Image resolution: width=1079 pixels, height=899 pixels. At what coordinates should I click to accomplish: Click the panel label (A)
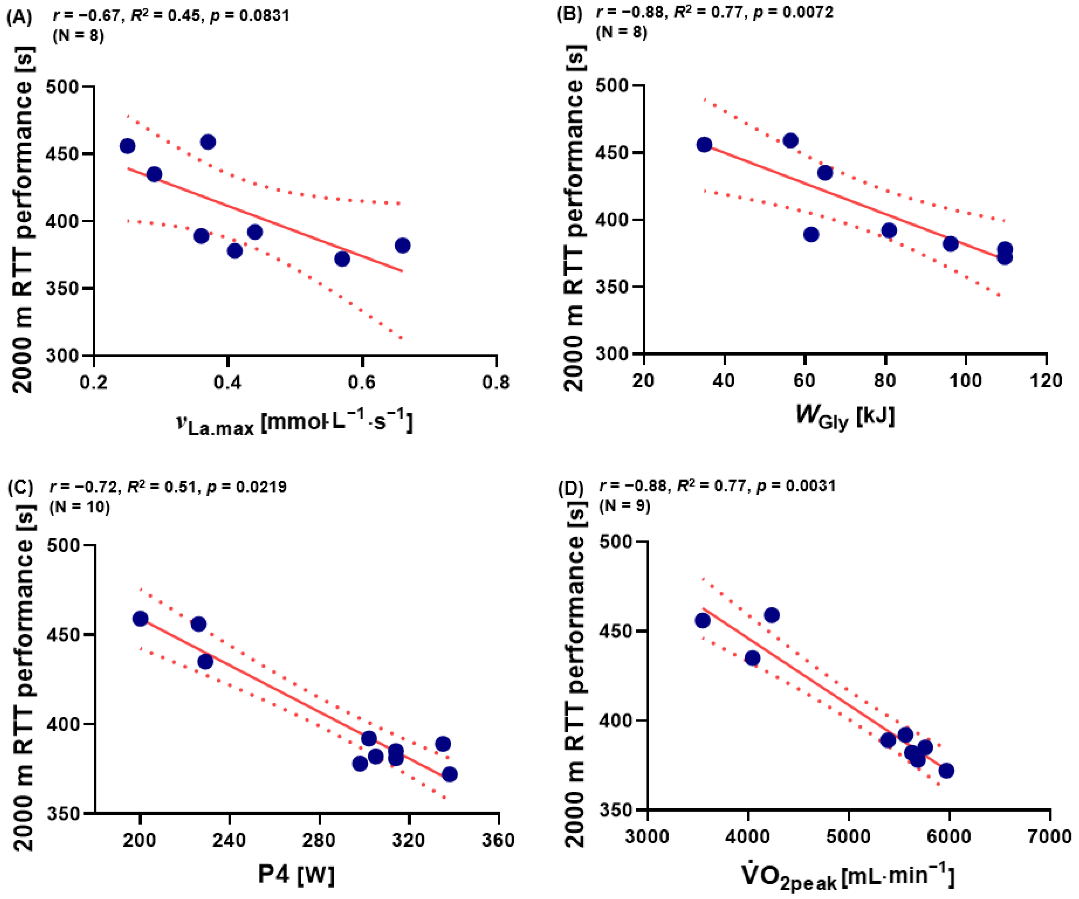[x=19, y=18]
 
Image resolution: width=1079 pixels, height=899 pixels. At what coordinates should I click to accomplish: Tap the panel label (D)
[x=571, y=490]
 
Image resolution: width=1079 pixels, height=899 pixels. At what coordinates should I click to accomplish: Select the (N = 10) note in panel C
[x=80, y=507]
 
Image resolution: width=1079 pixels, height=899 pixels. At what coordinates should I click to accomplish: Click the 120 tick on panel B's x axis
[x=1047, y=381]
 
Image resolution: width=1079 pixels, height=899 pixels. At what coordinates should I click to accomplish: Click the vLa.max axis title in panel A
[x=294, y=423]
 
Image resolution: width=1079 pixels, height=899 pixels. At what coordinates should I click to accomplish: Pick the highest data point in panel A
[x=208, y=142]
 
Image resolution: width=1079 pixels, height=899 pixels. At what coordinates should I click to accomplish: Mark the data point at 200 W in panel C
[x=140, y=619]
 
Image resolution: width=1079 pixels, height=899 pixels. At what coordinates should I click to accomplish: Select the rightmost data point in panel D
[x=946, y=771]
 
